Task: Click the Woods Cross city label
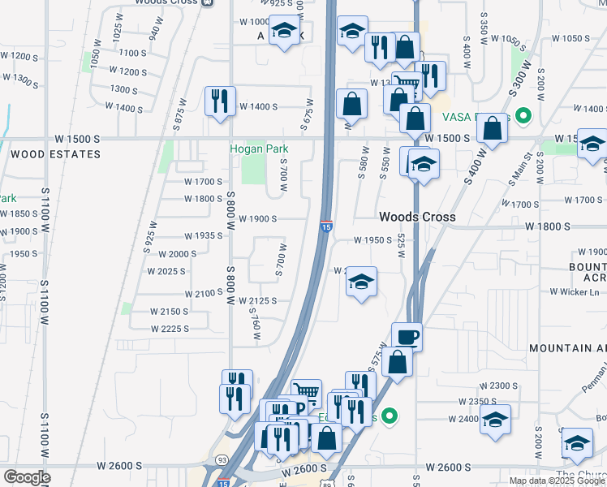[x=418, y=217]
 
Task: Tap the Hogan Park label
[x=259, y=149]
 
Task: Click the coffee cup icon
[x=407, y=336]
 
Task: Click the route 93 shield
[x=222, y=460]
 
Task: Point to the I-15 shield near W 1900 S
[x=325, y=226]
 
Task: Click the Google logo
[x=28, y=477]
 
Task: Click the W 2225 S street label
[x=170, y=329]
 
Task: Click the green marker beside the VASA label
[x=523, y=116]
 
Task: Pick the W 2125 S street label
[x=258, y=300]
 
